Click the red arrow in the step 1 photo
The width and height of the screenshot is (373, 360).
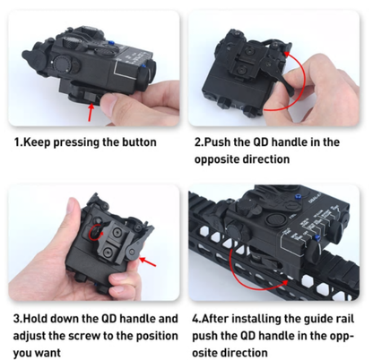pos(93,111)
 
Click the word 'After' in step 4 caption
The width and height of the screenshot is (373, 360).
pos(221,318)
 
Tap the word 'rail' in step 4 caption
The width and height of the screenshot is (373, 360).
pos(347,318)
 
